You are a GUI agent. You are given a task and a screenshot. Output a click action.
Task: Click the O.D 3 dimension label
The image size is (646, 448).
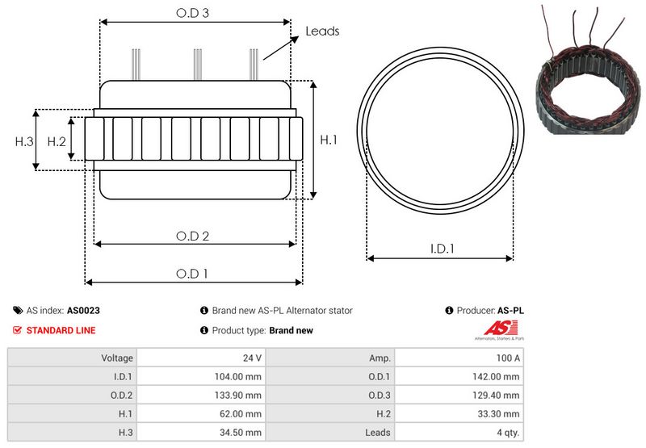pyautogui.click(x=194, y=13)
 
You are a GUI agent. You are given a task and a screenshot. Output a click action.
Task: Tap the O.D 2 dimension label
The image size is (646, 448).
pyautogui.click(x=193, y=236)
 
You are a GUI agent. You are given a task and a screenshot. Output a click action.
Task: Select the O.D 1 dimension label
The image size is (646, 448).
pyautogui.click(x=193, y=274)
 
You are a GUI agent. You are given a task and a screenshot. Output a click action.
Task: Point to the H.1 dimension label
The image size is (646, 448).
pyautogui.click(x=329, y=140)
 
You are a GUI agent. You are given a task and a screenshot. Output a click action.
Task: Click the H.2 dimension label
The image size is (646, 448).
pyautogui.click(x=56, y=141)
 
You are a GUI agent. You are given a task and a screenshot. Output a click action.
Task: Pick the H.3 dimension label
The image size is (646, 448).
pyautogui.click(x=24, y=141)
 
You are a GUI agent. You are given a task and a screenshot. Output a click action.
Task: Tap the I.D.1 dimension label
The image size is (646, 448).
pyautogui.click(x=441, y=249)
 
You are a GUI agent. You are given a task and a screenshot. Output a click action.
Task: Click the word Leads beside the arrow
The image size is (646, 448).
pyautogui.click(x=322, y=31)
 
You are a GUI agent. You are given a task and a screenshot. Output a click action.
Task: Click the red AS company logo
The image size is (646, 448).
pyautogui.click(x=494, y=328)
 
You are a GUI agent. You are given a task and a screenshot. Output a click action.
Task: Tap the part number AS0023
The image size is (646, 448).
pyautogui.click(x=83, y=310)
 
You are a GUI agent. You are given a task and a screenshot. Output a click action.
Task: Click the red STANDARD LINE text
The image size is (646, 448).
pyautogui.click(x=61, y=330)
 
